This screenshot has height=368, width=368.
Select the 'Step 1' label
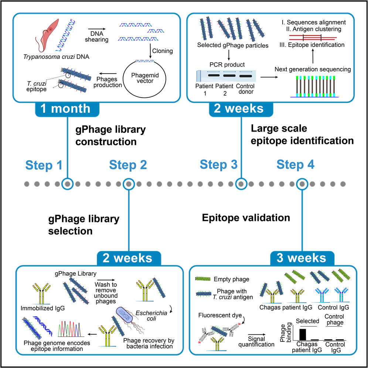click(44, 165)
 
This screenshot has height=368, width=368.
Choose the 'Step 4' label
click(296, 165)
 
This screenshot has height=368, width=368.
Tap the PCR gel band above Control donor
click(246, 76)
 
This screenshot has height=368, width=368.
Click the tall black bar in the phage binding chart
click(303, 334)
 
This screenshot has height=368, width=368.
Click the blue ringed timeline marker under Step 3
click(241, 183)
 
